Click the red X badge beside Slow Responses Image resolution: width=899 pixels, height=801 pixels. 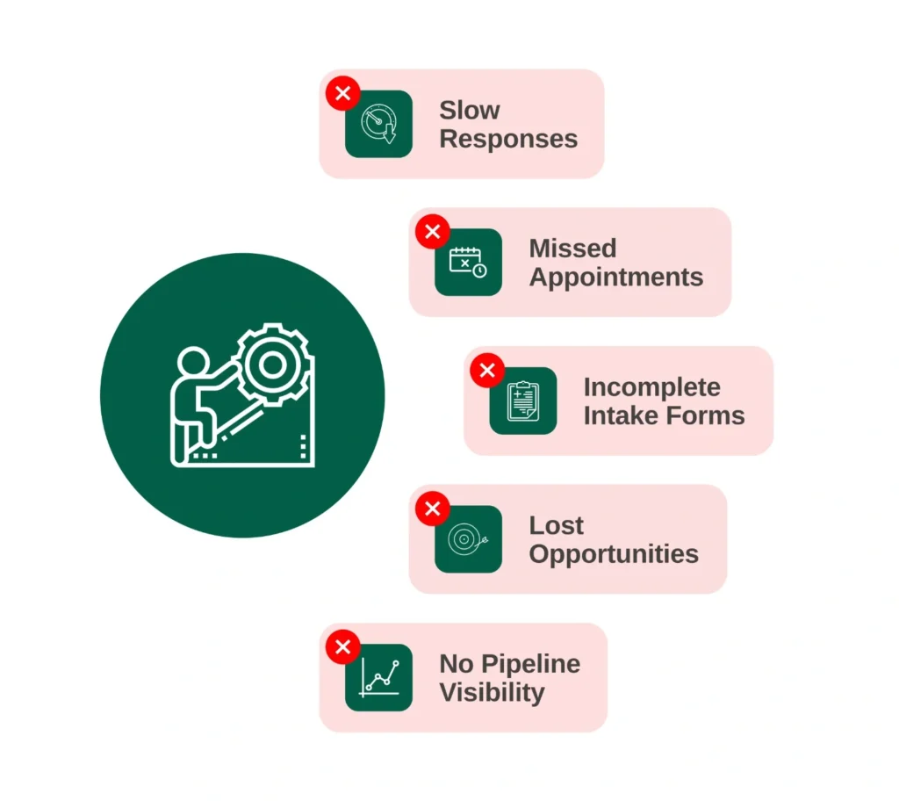coord(343,93)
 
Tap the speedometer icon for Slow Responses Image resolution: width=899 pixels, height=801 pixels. coord(378,124)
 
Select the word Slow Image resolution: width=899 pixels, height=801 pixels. coord(470,110)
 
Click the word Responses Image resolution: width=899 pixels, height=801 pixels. coord(508,140)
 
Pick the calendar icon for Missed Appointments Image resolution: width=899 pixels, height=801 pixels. coord(469,263)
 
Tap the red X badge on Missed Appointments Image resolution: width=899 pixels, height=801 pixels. coord(433,232)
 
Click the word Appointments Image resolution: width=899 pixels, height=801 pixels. coord(615,278)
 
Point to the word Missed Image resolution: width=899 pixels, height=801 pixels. coord(572,249)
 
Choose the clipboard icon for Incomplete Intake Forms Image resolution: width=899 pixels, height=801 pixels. coord(523,400)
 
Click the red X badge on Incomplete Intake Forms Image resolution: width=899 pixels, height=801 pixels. coord(487,370)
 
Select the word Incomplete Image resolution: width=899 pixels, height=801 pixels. coord(652,388)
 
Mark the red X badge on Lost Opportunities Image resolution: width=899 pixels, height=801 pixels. coord(433,509)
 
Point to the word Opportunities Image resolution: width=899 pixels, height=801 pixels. coord(614,555)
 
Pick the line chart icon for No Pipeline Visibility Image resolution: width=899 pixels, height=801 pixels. coord(378,678)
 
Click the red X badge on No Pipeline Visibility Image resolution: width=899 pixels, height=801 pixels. coord(343,647)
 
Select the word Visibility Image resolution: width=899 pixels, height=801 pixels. coord(492,693)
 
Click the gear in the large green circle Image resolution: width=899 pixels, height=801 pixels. coord(274,364)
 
